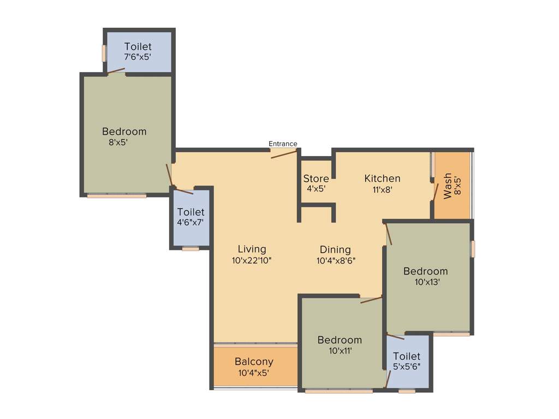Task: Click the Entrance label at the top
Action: [283, 144]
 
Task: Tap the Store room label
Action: [316, 179]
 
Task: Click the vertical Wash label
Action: [448, 186]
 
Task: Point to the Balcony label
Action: [254, 362]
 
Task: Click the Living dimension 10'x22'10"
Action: [252, 261]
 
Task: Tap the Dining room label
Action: [335, 250]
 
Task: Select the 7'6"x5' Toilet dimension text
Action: [138, 57]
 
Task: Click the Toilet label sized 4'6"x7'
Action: [191, 212]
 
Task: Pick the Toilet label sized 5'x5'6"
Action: [407, 356]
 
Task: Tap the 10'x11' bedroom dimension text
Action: [340, 351]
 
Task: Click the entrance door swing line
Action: [284, 153]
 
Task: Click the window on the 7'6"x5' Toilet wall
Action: [103, 53]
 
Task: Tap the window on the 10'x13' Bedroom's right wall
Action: [473, 248]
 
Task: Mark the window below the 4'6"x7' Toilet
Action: [191, 249]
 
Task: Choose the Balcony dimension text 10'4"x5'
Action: [254, 373]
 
